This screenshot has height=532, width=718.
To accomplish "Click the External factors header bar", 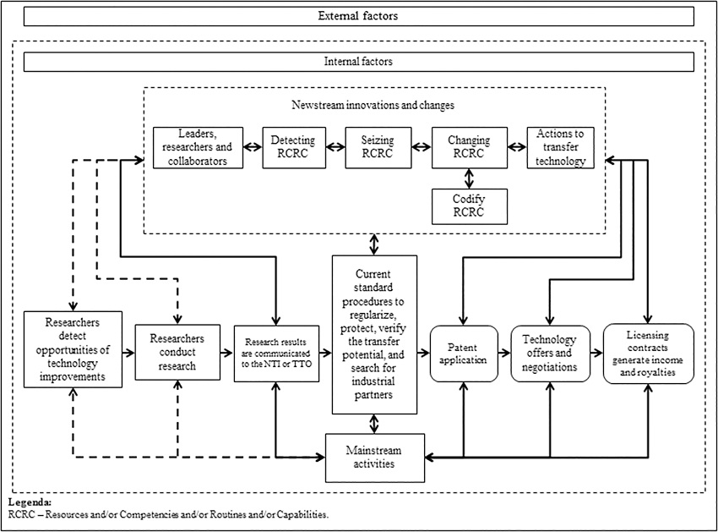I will pos(358,16).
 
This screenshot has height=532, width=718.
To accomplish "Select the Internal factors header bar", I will pos(358,62).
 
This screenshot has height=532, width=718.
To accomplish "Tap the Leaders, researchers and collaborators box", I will pos(198,147).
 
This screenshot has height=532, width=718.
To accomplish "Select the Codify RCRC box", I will pos(469,206).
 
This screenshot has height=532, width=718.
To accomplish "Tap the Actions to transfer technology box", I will pos(560,147).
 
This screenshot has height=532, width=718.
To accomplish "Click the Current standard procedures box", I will pos(374,334).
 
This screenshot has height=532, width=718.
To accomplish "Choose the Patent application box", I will pos(464,354).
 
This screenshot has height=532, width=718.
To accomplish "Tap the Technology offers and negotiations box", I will pos(550,354).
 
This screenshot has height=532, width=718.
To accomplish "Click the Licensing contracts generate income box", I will pos(648,354).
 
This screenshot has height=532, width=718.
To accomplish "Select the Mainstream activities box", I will pos(374,457).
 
